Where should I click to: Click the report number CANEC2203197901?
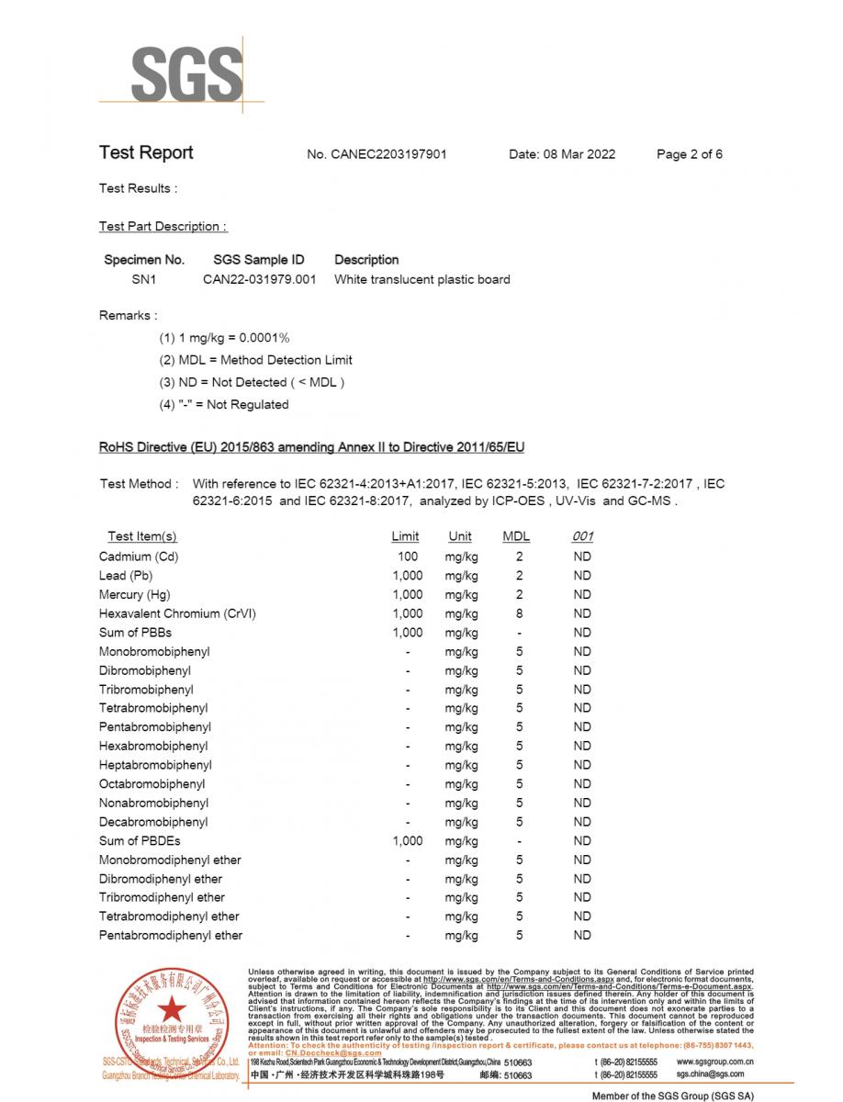point(377,154)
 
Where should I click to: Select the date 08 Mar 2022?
point(562,154)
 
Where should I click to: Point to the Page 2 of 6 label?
point(689,154)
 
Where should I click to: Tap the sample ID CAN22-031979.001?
point(259,279)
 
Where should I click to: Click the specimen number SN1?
point(144,279)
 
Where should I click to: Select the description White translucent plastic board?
point(421,279)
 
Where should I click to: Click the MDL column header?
point(516,536)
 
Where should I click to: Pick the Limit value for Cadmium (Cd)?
point(408,557)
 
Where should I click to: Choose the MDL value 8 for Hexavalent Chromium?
point(519,613)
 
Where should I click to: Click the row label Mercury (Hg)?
point(134,594)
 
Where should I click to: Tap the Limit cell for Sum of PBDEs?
point(408,841)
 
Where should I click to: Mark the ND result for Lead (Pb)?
point(582,576)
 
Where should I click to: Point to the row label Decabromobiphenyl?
point(153,822)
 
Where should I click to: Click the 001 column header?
point(582,536)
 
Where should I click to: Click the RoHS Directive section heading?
point(311,447)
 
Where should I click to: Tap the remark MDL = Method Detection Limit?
point(255,360)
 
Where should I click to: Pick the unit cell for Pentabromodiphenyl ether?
point(461,936)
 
